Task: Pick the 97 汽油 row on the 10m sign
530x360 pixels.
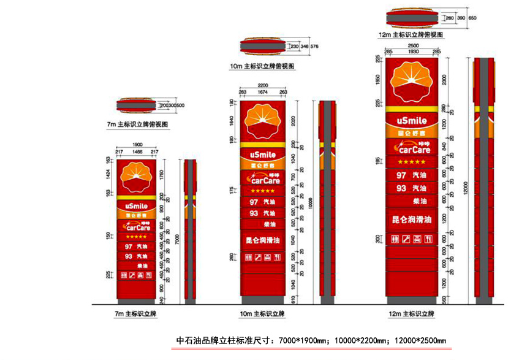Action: [x=262, y=202]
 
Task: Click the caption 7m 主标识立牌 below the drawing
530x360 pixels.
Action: [x=135, y=314]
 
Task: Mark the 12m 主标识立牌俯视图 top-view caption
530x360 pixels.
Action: [x=415, y=35]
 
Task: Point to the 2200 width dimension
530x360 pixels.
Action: [x=262, y=86]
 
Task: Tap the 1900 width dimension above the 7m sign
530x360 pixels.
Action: [x=137, y=145]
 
